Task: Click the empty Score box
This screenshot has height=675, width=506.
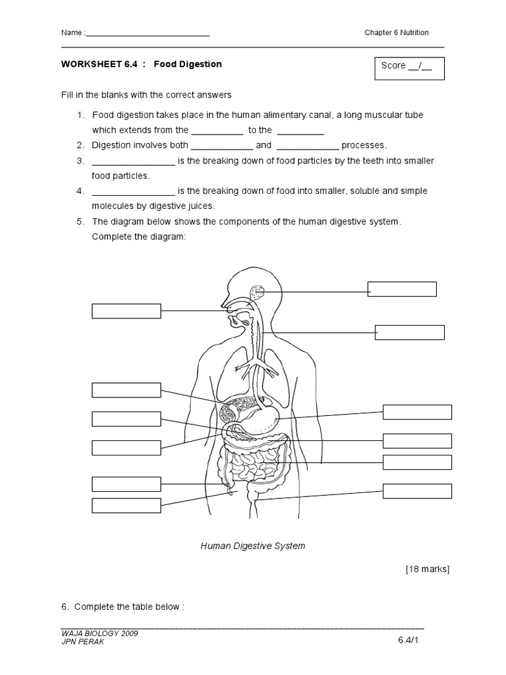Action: tap(409, 69)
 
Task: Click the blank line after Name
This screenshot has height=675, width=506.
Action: tap(148, 33)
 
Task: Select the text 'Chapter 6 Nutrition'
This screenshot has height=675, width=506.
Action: tap(397, 33)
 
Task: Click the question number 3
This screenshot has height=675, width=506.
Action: tap(80, 161)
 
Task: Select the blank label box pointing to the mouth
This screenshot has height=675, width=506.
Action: tap(126, 311)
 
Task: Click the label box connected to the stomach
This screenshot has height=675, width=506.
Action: tap(417, 413)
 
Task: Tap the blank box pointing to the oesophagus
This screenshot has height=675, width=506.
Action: tap(409, 332)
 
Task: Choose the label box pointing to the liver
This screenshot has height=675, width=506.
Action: tap(126, 390)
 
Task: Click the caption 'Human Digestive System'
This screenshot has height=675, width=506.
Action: tap(253, 546)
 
